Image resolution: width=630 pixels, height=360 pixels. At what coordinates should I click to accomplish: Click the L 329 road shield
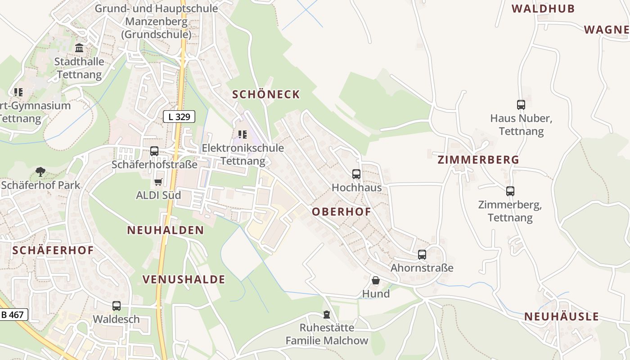click(179, 117)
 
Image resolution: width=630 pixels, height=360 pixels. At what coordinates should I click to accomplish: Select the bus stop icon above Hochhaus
click(356, 174)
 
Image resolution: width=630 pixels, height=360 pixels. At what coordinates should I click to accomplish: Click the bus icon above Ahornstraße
click(422, 254)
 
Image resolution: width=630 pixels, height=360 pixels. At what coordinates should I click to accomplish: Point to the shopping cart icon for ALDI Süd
click(158, 182)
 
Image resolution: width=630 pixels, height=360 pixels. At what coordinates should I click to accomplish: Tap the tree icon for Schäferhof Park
click(40, 171)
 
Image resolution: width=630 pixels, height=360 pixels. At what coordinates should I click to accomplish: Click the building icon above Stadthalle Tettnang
click(80, 48)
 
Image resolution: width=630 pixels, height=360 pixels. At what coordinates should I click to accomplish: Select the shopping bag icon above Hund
click(376, 280)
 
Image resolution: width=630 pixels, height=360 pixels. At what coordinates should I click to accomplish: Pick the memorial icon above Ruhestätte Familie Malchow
click(327, 314)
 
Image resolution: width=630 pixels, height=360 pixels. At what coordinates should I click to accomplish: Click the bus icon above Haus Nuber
click(521, 105)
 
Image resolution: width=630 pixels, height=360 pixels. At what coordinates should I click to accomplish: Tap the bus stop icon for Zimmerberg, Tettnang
click(510, 191)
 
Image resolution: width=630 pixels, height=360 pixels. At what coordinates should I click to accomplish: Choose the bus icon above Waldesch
click(117, 306)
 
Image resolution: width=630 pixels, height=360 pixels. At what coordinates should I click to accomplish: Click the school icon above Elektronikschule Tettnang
click(243, 134)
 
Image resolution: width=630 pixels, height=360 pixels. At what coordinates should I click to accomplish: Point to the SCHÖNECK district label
click(266, 94)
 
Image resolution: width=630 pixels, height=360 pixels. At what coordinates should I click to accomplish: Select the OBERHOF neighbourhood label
click(342, 211)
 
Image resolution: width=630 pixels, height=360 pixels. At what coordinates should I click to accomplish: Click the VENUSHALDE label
click(184, 279)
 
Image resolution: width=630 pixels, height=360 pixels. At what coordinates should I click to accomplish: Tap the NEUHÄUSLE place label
click(562, 316)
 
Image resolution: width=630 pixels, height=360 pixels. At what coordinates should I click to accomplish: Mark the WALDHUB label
click(543, 9)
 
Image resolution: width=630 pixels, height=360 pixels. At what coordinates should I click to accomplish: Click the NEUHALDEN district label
click(166, 230)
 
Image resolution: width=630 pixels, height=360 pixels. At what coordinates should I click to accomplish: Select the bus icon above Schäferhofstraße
click(154, 151)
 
